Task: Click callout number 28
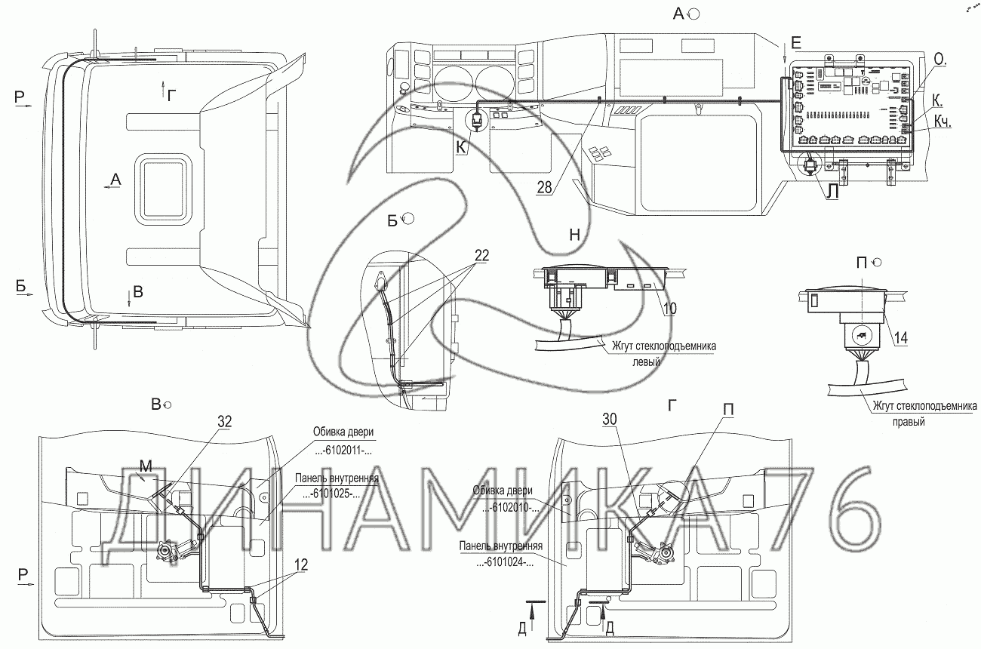coord(544,187)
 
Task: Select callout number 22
coord(481,255)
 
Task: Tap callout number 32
coord(225,421)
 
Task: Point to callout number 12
coord(301,565)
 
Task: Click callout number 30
coord(610,419)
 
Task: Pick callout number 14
coord(901,337)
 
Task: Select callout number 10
coord(670,309)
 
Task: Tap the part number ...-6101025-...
coord(331,494)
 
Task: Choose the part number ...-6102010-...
coord(511,508)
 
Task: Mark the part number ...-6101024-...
coord(505,562)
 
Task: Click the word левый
coord(647,362)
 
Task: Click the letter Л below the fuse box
coord(832,192)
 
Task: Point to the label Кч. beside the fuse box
coord(943,121)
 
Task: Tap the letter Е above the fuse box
coord(796,43)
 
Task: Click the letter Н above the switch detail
coord(574,235)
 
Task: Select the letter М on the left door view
coord(146,466)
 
